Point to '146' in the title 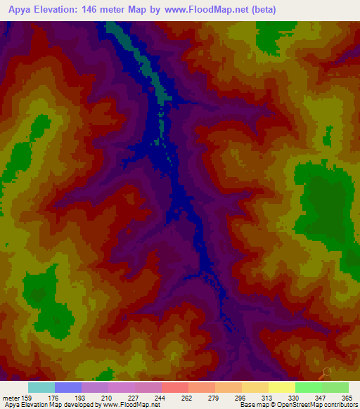[x=102, y=10]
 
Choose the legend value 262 [x=186, y=397]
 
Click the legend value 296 [x=240, y=397]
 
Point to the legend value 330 [x=293, y=397]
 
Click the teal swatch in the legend [x=41, y=387]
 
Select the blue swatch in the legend [x=68, y=387]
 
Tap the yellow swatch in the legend [x=282, y=387]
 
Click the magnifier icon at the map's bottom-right [x=326, y=373]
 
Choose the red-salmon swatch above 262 [x=175, y=387]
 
